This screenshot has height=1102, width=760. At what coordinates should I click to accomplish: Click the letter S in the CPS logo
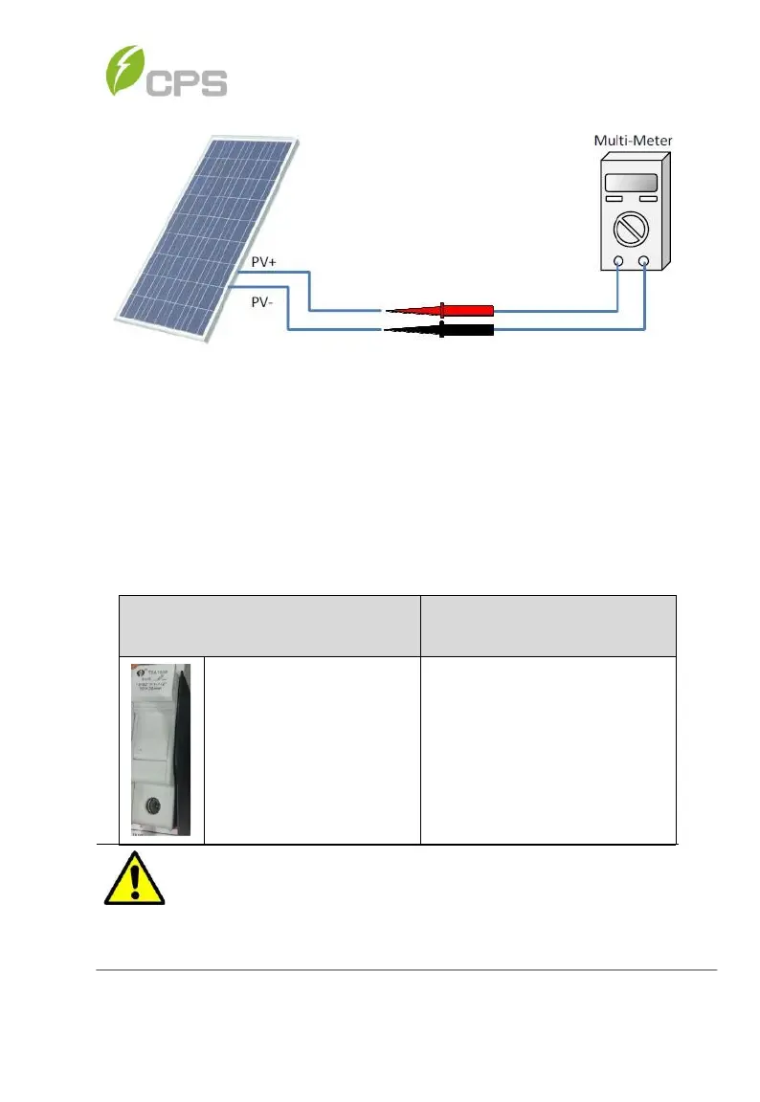209,80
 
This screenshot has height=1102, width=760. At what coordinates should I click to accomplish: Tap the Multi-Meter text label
633,141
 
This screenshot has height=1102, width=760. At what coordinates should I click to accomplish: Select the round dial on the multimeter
632,230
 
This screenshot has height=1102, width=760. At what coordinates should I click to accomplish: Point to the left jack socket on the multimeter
618,261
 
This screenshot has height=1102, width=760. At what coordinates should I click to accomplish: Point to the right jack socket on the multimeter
645,261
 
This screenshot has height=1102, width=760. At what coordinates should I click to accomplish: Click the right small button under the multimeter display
648,199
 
